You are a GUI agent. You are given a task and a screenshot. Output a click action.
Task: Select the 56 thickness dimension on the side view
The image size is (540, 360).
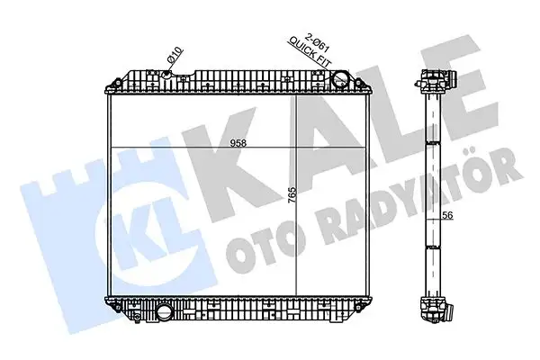pyautogui.click(x=446, y=216)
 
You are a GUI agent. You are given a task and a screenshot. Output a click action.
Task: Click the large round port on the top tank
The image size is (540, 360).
pyautogui.click(x=340, y=81)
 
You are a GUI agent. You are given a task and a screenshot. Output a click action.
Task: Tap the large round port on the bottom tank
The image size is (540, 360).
pyautogui.click(x=164, y=314)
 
